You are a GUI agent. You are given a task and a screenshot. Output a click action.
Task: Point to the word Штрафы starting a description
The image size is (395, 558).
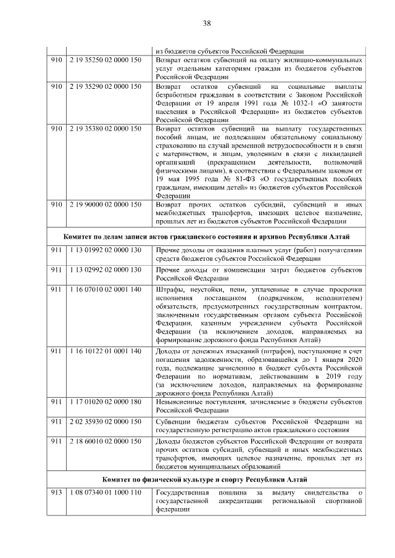(168, 290)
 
